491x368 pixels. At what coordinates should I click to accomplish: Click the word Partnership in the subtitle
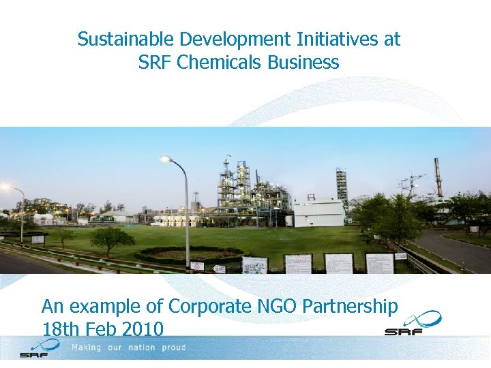(349, 307)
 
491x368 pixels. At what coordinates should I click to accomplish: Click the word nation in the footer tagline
(140, 348)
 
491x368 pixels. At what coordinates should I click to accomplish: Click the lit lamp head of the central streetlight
(164, 159)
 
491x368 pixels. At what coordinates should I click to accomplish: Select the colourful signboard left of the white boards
(254, 265)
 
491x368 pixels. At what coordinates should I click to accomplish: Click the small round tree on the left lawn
(111, 239)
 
